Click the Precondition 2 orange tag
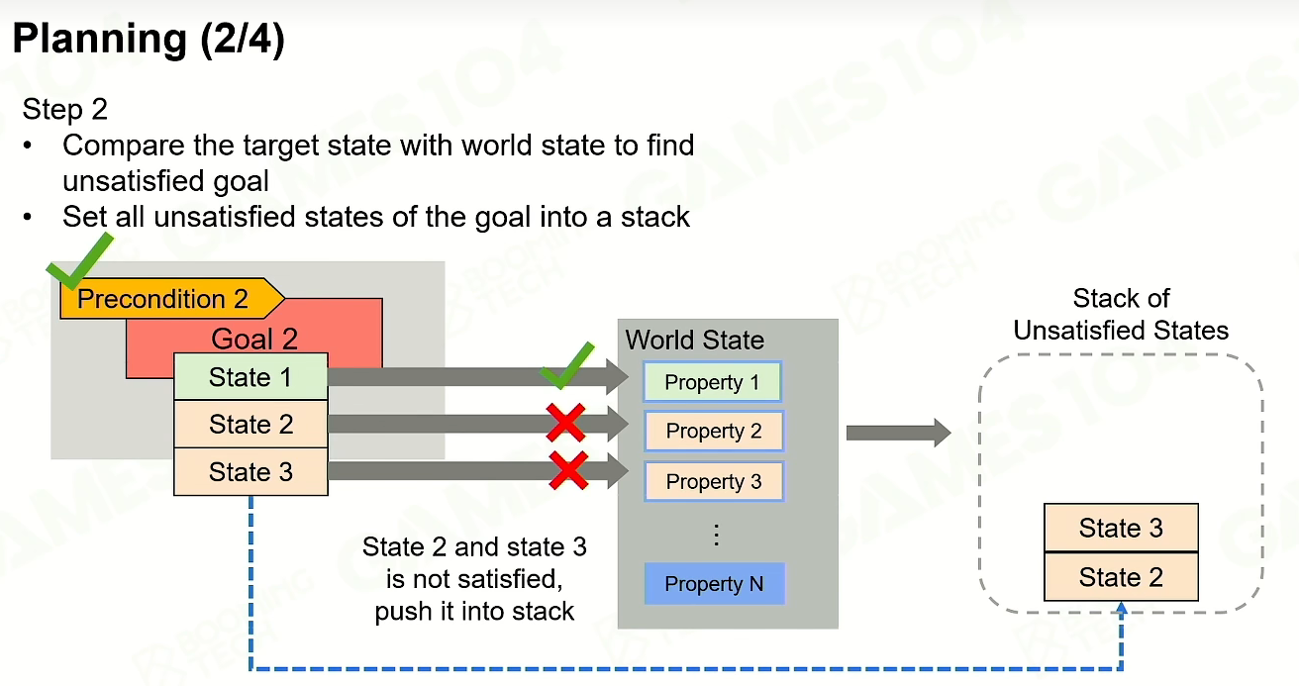[172, 298]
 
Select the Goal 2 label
[254, 339]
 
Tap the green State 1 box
[251, 377]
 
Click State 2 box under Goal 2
[251, 424]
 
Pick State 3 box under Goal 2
[251, 471]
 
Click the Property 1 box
[713, 382]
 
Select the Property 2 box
[714, 431]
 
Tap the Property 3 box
[714, 481]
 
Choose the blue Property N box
[715, 583]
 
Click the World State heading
[695, 340]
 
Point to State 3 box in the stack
[1121, 528]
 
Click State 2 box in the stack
[1121, 577]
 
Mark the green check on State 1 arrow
[567, 366]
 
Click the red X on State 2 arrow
[566, 423]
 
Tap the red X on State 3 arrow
[568, 470]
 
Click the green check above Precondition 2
[80, 261]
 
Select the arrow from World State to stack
[899, 433]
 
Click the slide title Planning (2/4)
[149, 39]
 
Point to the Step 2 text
[65, 109]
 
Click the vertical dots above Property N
[717, 535]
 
